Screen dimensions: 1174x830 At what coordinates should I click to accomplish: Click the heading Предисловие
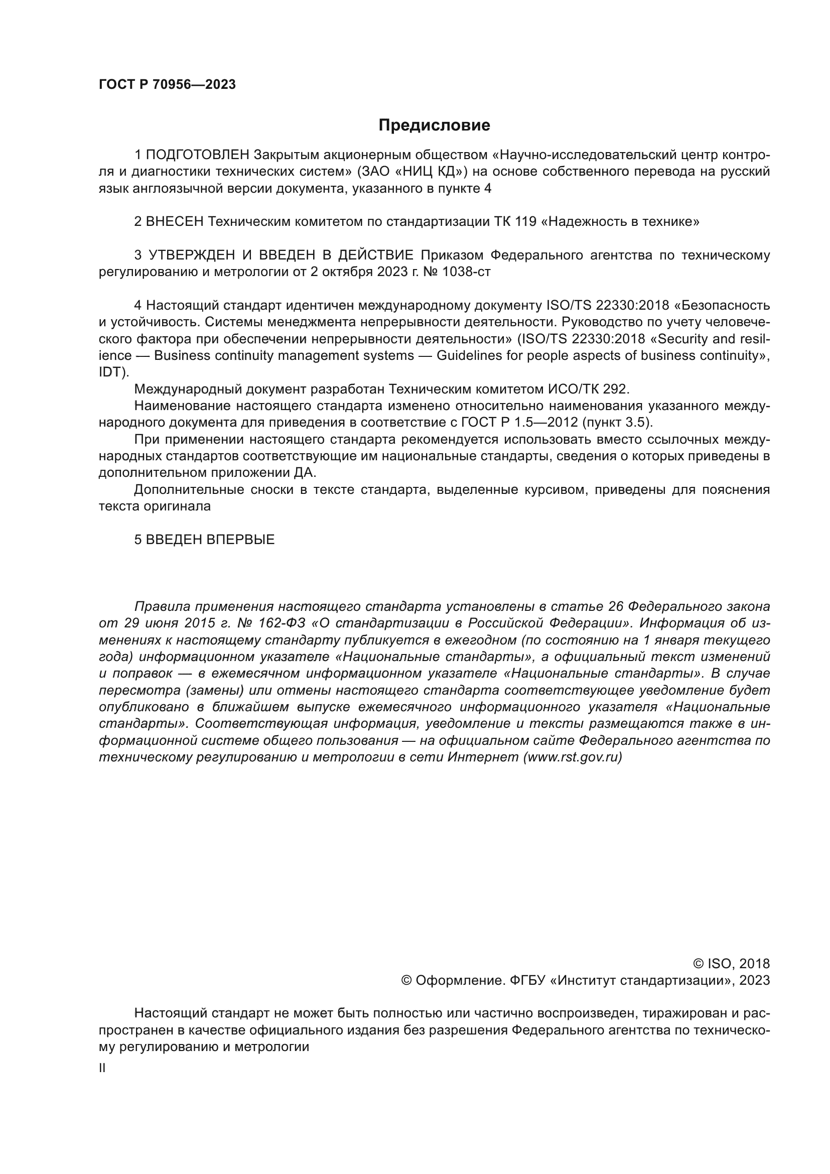pyautogui.click(x=434, y=125)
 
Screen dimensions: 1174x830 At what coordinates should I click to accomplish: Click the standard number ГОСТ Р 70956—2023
pyautogui.click(x=167, y=85)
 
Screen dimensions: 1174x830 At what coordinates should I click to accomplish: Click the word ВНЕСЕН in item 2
pyautogui.click(x=175, y=222)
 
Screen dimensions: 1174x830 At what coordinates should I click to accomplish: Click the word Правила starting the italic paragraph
pyautogui.click(x=163, y=607)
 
